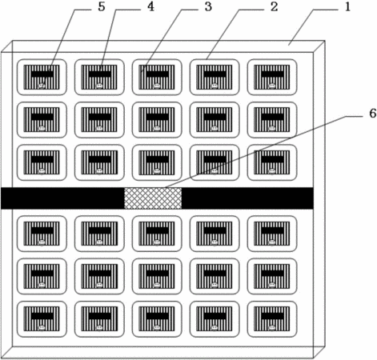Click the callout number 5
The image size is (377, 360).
(x=102, y=7)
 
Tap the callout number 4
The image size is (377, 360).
(x=151, y=7)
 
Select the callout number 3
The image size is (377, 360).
(x=208, y=7)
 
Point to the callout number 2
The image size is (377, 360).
(x=275, y=7)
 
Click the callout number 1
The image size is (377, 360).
(x=347, y=7)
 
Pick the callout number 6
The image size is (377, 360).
(x=372, y=114)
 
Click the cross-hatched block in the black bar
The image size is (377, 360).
(x=153, y=198)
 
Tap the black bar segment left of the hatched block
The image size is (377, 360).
(x=62, y=198)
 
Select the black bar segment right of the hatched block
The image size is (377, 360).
(x=247, y=198)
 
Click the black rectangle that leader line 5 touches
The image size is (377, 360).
(x=42, y=74)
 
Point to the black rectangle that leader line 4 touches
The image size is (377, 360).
(x=100, y=74)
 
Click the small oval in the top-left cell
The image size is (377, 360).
(x=42, y=86)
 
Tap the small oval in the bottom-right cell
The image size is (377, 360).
(x=272, y=327)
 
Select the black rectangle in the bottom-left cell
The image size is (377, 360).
(x=42, y=316)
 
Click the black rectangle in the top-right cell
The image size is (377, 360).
(x=272, y=74)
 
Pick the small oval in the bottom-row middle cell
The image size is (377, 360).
(x=157, y=327)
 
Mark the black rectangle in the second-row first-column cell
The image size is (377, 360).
(x=42, y=117)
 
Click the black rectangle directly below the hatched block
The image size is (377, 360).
(x=158, y=230)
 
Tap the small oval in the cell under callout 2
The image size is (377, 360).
(x=215, y=86)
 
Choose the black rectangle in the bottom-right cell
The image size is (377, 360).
(x=272, y=316)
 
